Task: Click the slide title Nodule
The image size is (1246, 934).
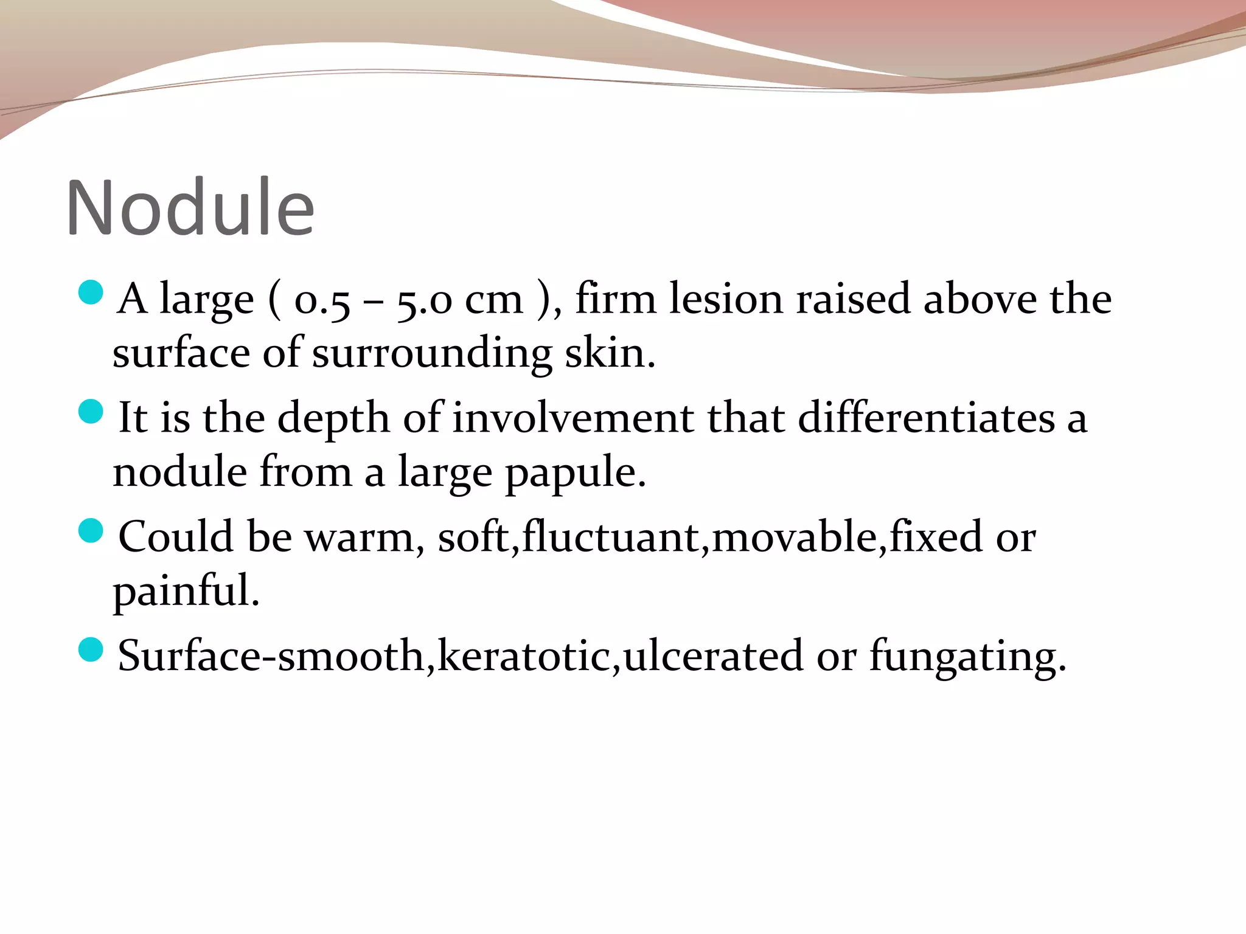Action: coord(190,207)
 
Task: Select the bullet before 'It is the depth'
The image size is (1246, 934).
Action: coord(91,411)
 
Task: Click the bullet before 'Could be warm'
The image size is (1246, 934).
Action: coord(91,530)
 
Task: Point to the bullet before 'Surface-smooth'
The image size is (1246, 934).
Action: coord(91,649)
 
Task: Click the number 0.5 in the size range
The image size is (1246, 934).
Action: coord(322,300)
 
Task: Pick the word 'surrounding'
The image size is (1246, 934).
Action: coord(432,354)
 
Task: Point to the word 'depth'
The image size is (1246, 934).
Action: coord(333,419)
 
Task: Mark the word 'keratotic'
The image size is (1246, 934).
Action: coord(523,656)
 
